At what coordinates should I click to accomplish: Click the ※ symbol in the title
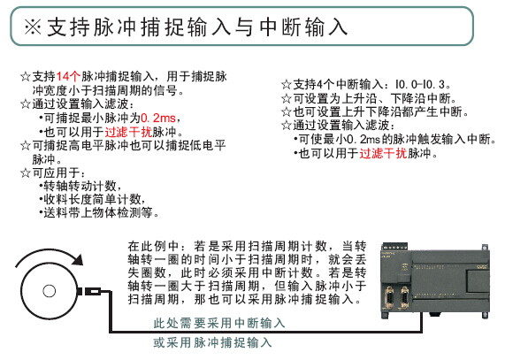[x=33, y=27]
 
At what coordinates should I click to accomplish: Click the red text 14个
[x=68, y=77]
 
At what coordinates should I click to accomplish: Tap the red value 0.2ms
[x=158, y=118]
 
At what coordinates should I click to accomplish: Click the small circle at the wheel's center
[x=49, y=291]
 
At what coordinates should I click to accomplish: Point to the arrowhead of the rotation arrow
[x=78, y=259]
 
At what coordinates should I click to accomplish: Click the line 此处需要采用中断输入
[x=219, y=323]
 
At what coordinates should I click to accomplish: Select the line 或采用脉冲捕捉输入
[x=212, y=342]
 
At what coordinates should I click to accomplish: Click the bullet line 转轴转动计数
[x=80, y=186]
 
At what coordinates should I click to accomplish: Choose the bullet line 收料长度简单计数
[x=92, y=199]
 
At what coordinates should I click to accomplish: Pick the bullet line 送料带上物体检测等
[x=98, y=213]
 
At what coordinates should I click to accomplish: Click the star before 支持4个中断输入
[x=287, y=85]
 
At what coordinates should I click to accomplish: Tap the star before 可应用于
[x=26, y=172]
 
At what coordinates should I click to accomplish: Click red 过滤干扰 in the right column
[x=383, y=153]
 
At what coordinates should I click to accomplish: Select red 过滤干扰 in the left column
[x=128, y=132]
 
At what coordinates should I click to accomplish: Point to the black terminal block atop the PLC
[x=394, y=248]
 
